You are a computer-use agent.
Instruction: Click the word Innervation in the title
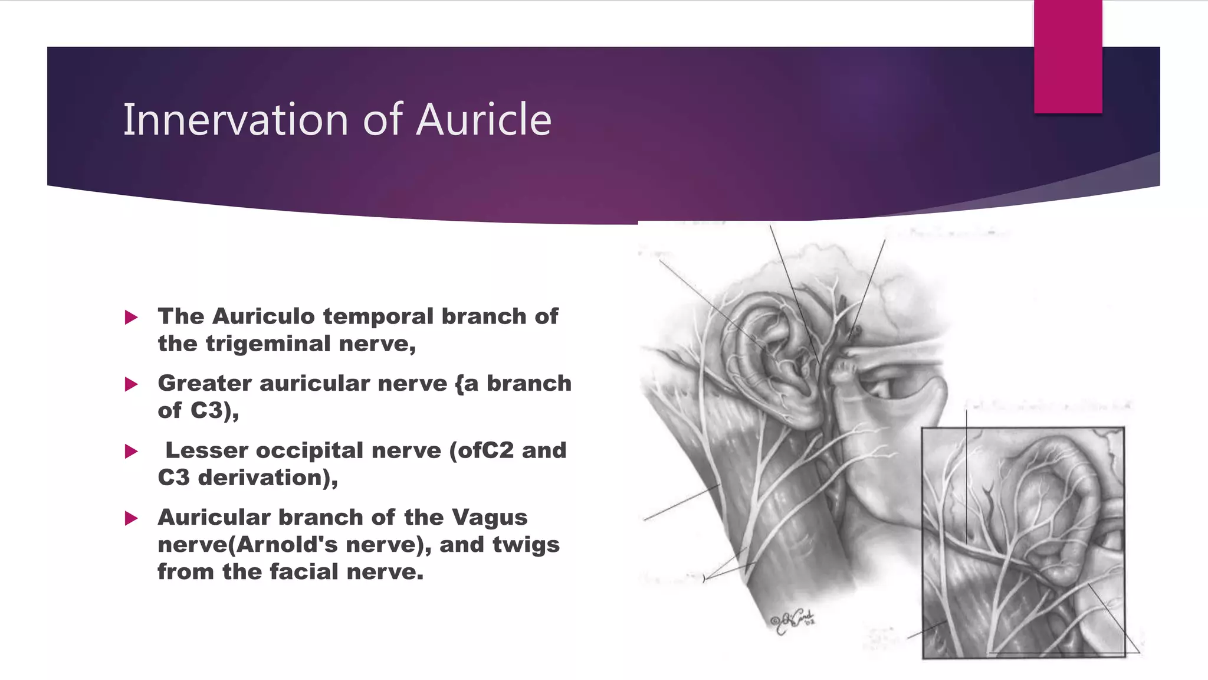236,120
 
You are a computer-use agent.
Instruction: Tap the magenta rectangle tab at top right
1068,57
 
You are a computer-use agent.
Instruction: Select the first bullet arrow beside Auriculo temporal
132,318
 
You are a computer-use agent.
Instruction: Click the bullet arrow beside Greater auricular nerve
132,385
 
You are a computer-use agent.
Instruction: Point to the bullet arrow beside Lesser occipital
132,452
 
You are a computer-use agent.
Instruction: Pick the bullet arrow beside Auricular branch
132,519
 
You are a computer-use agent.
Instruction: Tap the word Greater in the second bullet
205,384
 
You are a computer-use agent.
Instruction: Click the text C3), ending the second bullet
215,410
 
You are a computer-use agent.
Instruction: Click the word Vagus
490,518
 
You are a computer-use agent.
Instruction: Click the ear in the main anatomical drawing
773,360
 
